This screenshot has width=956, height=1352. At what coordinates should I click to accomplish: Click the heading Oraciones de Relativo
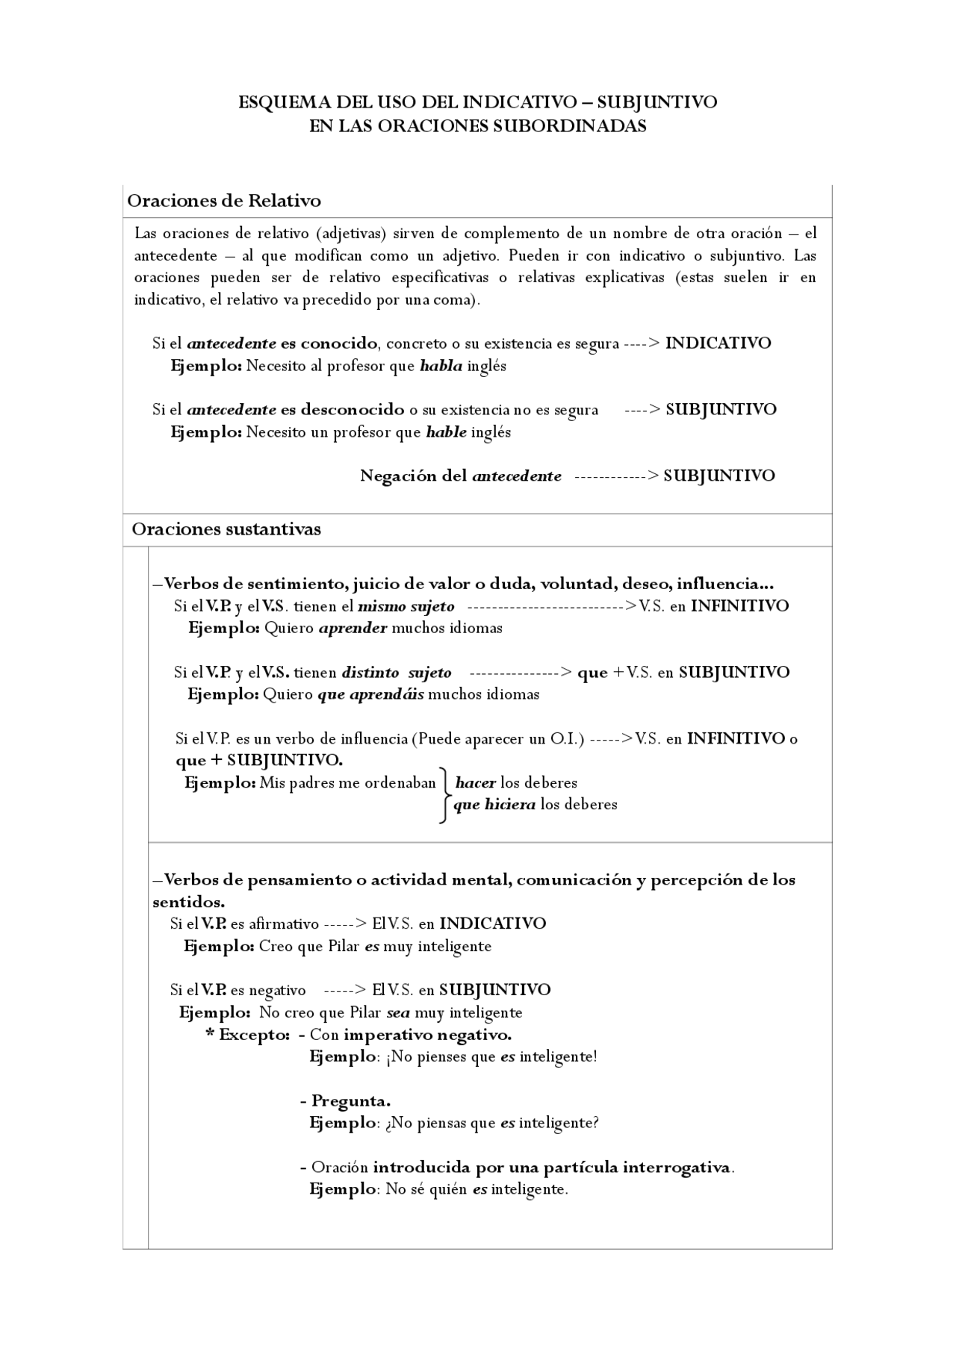pyautogui.click(x=224, y=201)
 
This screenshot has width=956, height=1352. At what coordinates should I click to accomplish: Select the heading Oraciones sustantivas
pyautogui.click(x=226, y=529)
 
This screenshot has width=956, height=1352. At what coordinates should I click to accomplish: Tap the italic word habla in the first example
pyautogui.click(x=441, y=366)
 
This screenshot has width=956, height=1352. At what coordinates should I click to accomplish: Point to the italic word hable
pyautogui.click(x=446, y=432)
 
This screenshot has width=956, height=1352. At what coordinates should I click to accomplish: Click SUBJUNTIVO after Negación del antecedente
pyautogui.click(x=718, y=476)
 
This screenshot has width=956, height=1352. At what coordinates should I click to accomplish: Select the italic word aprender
pyautogui.click(x=353, y=628)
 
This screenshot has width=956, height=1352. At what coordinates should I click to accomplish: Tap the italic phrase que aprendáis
pyautogui.click(x=370, y=694)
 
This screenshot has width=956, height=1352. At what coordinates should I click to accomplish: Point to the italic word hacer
pyautogui.click(x=475, y=783)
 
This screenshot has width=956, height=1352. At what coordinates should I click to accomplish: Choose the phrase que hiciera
pyautogui.click(x=494, y=805)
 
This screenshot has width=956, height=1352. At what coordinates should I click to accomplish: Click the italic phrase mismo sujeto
pyautogui.click(x=406, y=606)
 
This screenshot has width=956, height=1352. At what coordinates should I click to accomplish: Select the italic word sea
pyautogui.click(x=398, y=1013)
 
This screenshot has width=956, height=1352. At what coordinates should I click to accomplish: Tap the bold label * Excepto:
pyautogui.click(x=247, y=1035)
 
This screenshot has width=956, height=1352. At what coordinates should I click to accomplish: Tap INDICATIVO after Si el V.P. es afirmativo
pyautogui.click(x=492, y=923)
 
